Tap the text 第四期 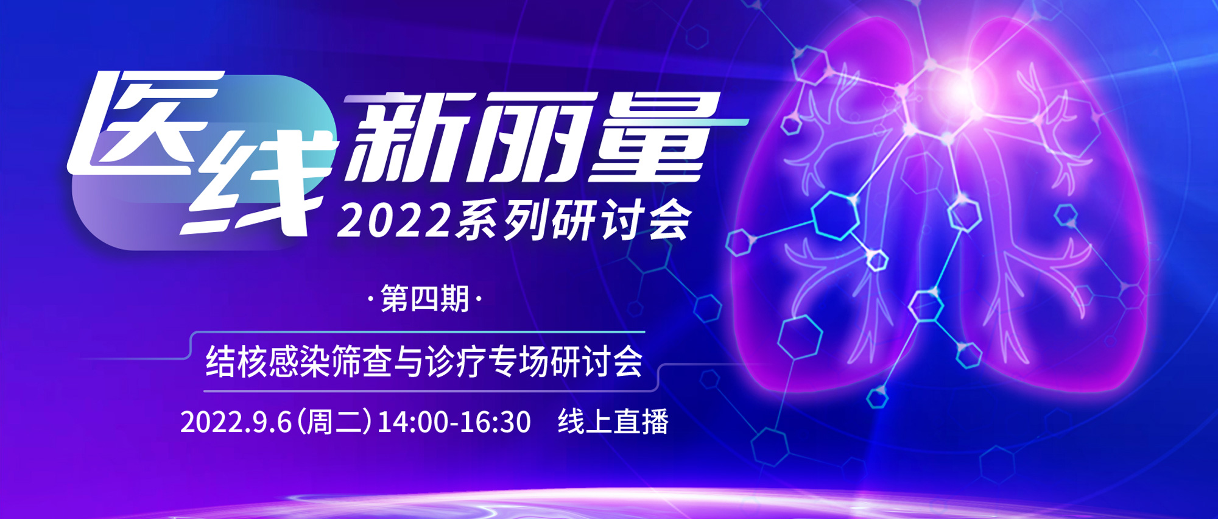(x=424, y=299)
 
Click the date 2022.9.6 (x=236, y=422)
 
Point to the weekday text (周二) (x=334, y=422)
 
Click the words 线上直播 (x=613, y=422)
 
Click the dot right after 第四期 (x=478, y=300)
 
